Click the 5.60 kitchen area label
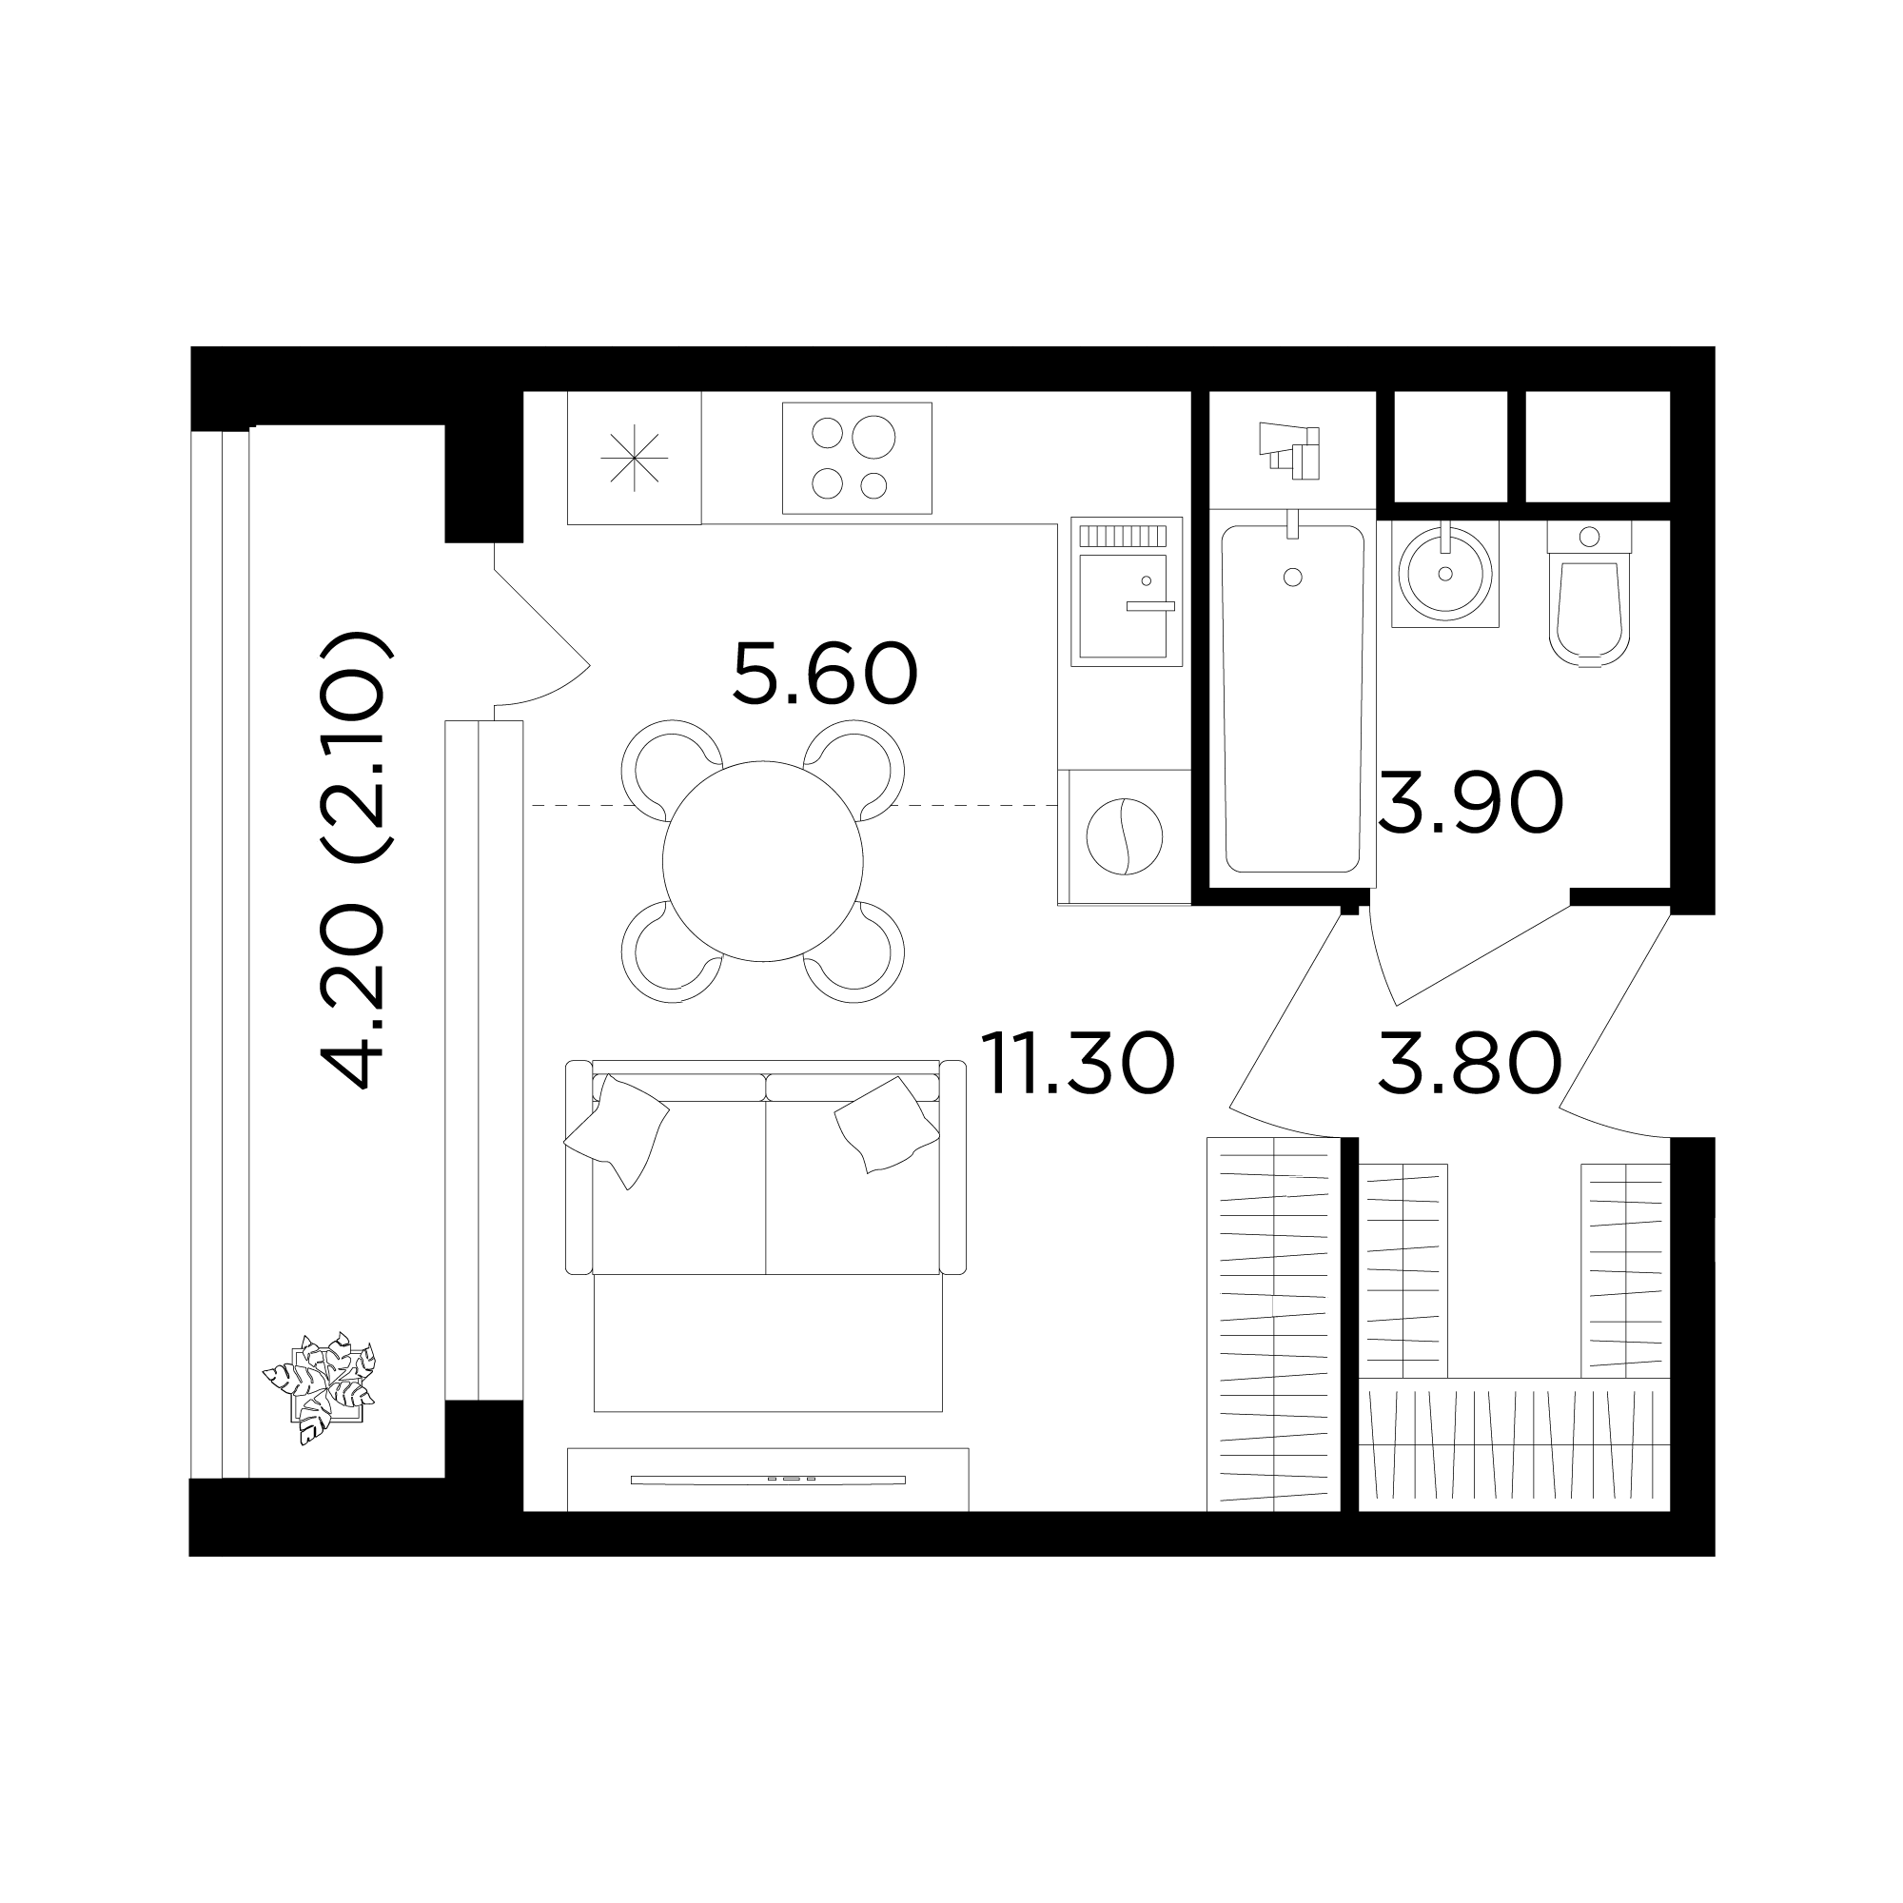[825, 675]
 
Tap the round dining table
[763, 861]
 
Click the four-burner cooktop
[857, 458]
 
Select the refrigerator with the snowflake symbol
[635, 457]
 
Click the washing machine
[1125, 836]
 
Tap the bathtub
[1292, 698]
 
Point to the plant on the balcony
[319, 1388]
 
